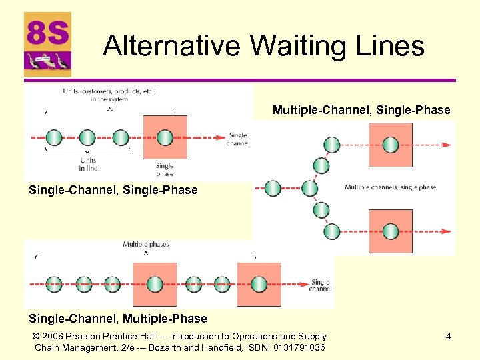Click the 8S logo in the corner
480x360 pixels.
pyautogui.click(x=47, y=44)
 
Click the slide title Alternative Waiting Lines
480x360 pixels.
pyautogui.click(x=264, y=46)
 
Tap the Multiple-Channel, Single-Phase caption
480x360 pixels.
pyautogui.click(x=361, y=110)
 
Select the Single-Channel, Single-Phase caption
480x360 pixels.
pyautogui.click(x=113, y=190)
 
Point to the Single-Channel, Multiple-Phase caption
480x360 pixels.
pyautogui.click(x=118, y=319)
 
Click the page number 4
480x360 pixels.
pyautogui.click(x=448, y=337)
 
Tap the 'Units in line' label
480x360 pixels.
pyautogui.click(x=88, y=164)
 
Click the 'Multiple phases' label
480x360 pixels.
pyautogui.click(x=146, y=245)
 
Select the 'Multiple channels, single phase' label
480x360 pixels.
pyautogui.click(x=390, y=187)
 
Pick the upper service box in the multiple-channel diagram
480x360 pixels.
pyautogui.click(x=390, y=145)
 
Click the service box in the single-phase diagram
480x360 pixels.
pyautogui.click(x=165, y=137)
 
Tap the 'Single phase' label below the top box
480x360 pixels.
pyautogui.click(x=165, y=169)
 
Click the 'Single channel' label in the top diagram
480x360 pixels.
pyautogui.click(x=238, y=139)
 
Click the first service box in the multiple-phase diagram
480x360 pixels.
pyautogui.click(x=155, y=284)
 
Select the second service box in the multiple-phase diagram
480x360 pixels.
pyautogui.click(x=259, y=284)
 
